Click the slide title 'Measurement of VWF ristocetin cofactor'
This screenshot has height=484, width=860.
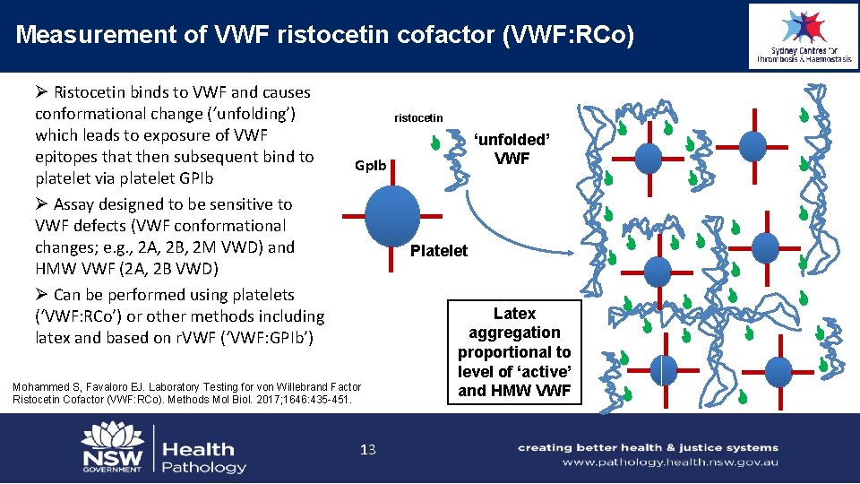(x=325, y=35)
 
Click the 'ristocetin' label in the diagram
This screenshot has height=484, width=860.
(x=418, y=118)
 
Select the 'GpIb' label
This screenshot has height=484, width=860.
(x=370, y=166)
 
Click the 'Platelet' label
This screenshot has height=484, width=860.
(x=438, y=251)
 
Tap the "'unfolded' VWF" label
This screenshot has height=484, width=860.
(x=512, y=150)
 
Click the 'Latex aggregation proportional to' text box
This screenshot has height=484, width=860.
(x=514, y=352)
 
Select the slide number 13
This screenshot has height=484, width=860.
(x=367, y=450)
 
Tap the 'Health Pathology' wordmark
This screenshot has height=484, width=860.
(x=203, y=457)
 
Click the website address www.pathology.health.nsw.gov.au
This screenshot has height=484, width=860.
(x=670, y=462)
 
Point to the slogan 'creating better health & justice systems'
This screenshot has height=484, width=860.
(x=648, y=447)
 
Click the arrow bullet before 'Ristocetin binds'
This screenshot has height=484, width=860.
(x=41, y=92)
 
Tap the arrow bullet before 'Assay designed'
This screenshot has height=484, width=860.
(x=41, y=204)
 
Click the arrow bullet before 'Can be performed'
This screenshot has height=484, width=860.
(x=41, y=295)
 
